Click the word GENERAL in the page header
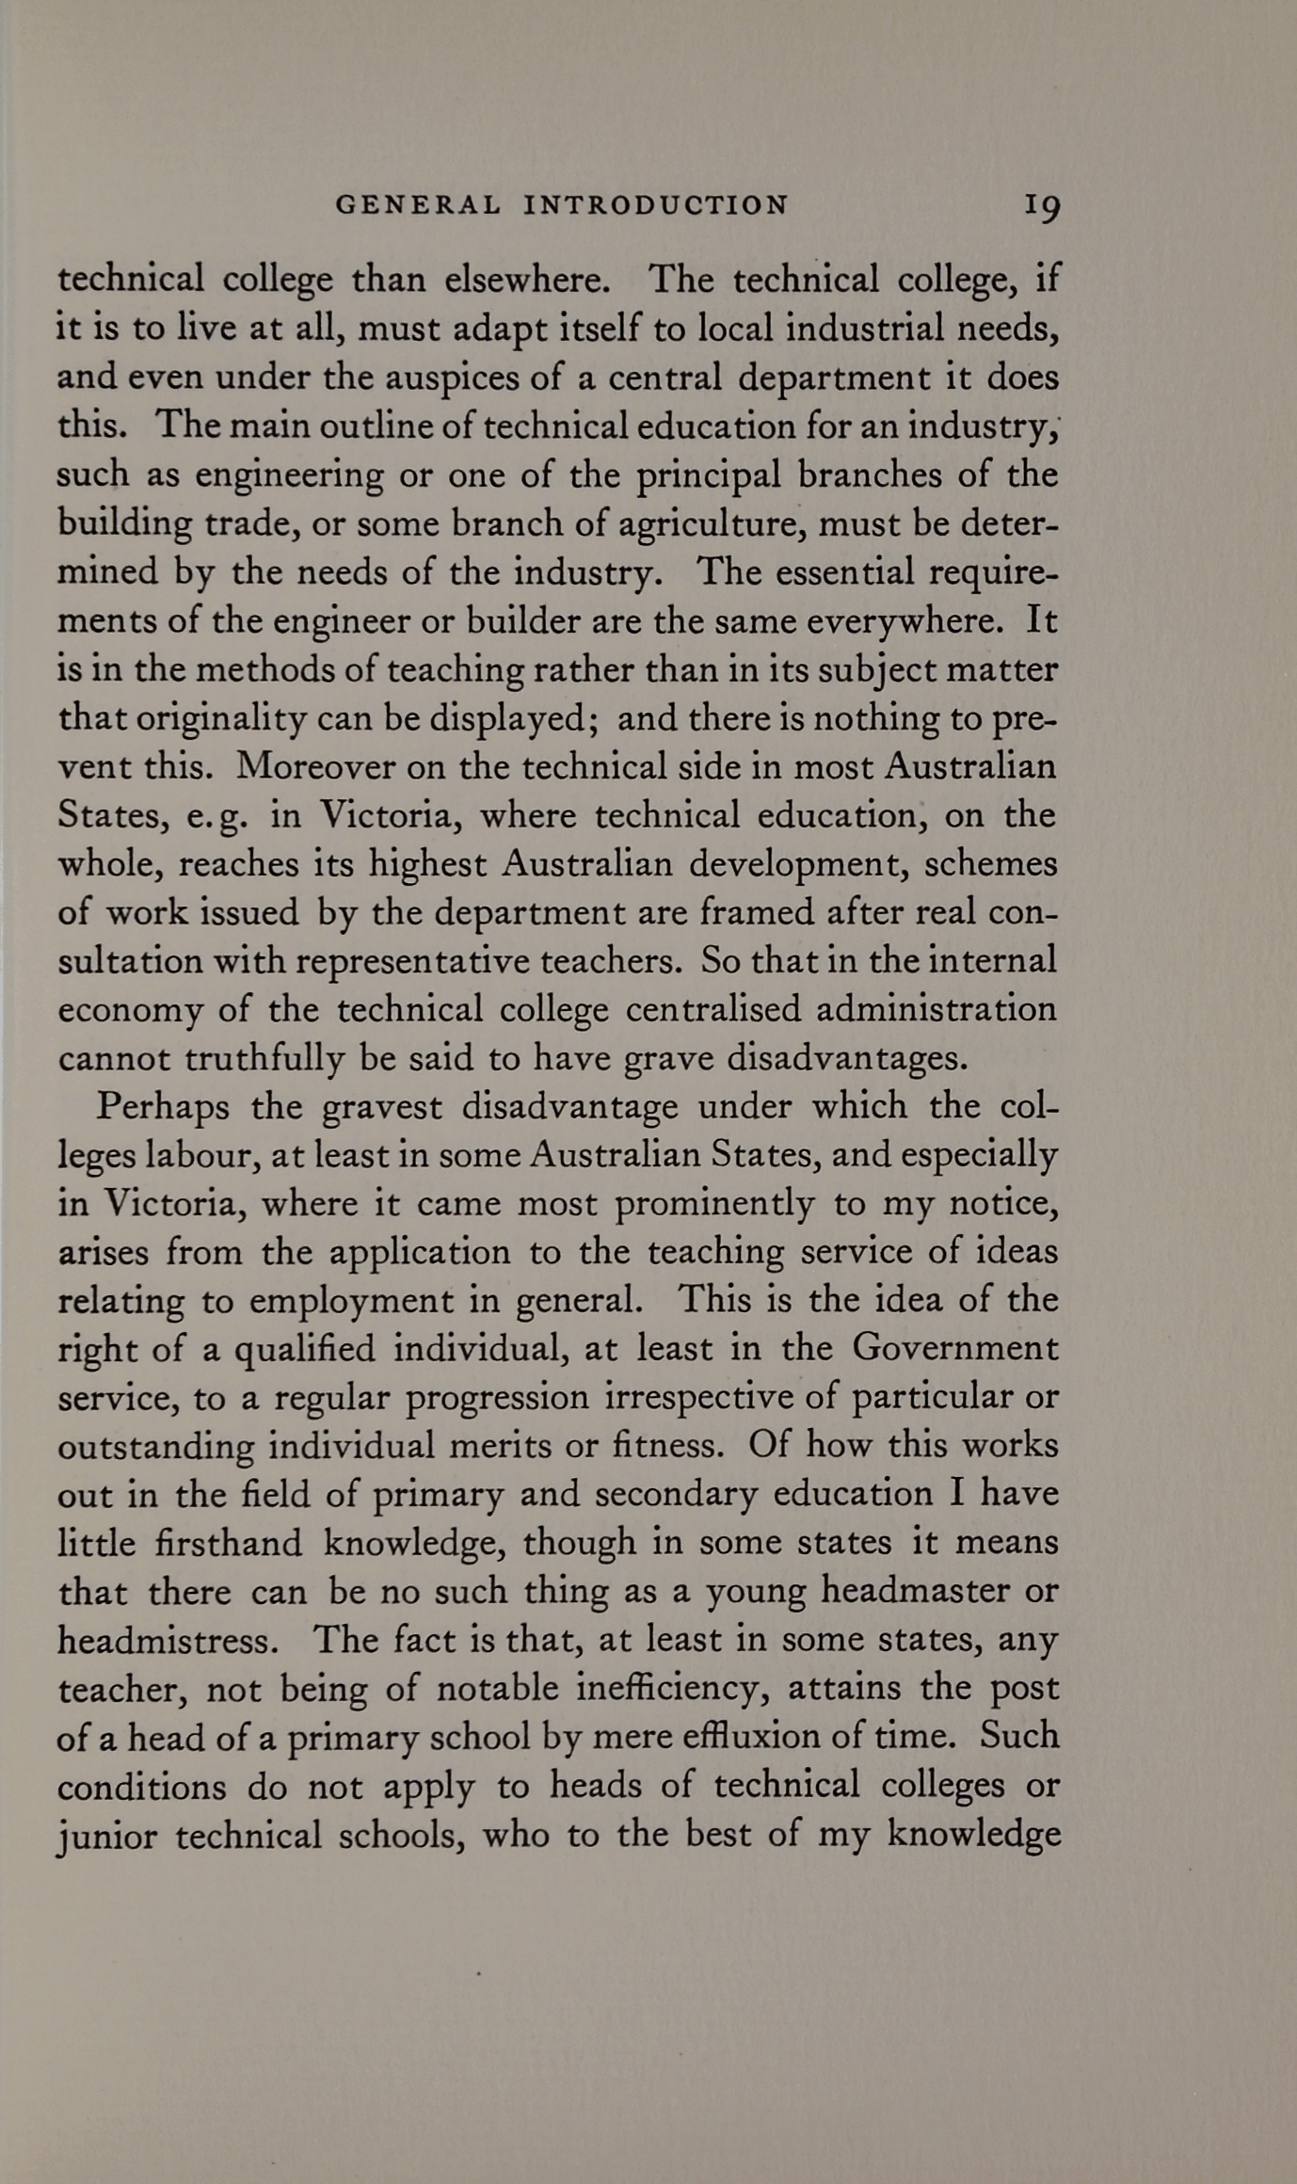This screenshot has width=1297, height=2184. pos(418,205)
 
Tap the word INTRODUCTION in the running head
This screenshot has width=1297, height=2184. pos(656,205)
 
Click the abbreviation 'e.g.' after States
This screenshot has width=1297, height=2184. pos(216,816)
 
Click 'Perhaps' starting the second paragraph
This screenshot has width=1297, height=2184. pos(163,1106)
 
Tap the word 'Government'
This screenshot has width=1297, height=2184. pos(955,1349)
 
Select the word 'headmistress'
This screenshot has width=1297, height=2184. pos(167,1641)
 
